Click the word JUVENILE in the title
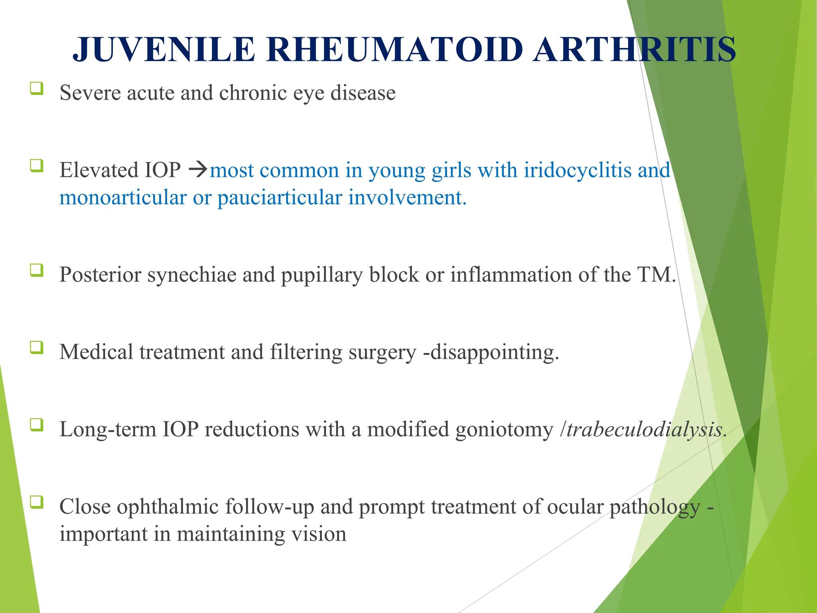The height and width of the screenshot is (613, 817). [164, 49]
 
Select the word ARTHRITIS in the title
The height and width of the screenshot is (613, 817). [634, 49]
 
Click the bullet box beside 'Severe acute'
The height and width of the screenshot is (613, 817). [36, 88]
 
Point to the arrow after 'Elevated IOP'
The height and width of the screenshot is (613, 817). [198, 170]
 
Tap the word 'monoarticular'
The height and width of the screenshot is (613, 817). [123, 198]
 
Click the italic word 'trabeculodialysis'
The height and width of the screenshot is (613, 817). [644, 429]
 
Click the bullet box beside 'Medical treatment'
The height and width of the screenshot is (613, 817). [36, 347]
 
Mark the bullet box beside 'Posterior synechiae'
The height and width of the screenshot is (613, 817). [36, 270]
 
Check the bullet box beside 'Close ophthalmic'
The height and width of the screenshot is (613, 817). [36, 502]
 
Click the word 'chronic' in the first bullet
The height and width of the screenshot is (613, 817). [253, 93]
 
